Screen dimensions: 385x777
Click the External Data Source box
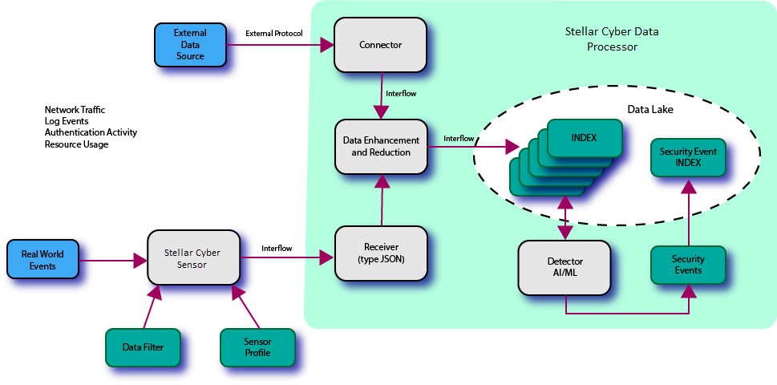pyautogui.click(x=190, y=44)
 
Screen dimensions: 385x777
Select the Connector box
pyautogui.click(x=380, y=45)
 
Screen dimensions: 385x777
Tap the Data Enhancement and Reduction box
pyautogui.click(x=381, y=146)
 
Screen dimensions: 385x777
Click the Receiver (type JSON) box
pyautogui.click(x=381, y=253)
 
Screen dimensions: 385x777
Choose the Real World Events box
pyautogui.click(x=43, y=259)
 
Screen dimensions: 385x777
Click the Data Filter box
pyautogui.click(x=143, y=347)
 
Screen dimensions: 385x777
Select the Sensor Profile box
pyautogui.click(x=257, y=347)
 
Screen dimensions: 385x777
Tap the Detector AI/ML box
pyautogui.click(x=565, y=266)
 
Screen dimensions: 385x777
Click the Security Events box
pyautogui.click(x=687, y=265)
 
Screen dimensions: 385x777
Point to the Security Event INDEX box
pyautogui.click(x=687, y=157)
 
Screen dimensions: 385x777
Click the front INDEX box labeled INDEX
pyautogui.click(x=584, y=138)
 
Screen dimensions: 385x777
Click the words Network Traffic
pyautogui.click(x=75, y=109)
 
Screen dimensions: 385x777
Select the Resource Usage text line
pyautogui.click(x=76, y=144)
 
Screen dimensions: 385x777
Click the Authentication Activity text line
pyautogui.click(x=91, y=132)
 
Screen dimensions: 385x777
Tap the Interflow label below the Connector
pyautogui.click(x=401, y=94)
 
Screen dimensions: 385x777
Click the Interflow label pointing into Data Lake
pyautogui.click(x=459, y=138)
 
